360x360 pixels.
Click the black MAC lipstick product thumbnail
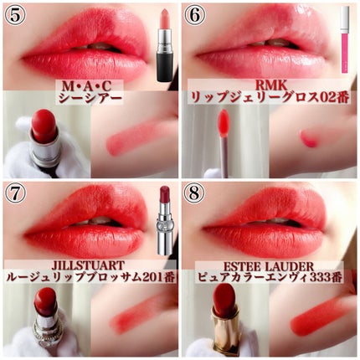tap(164, 44)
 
